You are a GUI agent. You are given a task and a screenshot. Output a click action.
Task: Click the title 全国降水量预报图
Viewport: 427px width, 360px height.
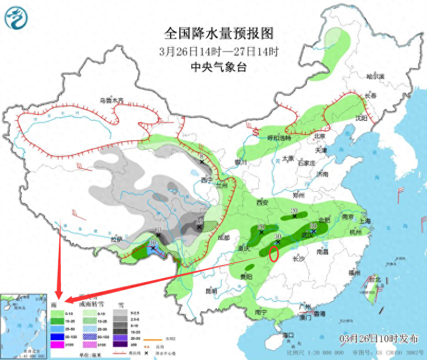coord(218,33)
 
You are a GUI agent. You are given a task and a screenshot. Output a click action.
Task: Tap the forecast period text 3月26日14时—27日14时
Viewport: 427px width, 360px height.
coord(218,52)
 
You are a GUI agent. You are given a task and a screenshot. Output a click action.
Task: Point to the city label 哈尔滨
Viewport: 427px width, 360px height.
coord(376,77)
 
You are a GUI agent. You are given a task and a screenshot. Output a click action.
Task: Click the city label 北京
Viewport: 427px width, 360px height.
coord(319,136)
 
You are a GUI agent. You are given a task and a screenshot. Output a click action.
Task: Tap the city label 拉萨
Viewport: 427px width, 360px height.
coord(117,239)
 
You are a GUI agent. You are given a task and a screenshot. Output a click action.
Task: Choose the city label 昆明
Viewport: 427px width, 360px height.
coord(211,291)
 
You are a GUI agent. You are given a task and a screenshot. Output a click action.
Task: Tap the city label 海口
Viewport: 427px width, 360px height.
coord(288,335)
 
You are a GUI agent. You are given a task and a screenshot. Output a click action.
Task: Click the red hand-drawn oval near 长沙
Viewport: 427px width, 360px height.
coord(274,254)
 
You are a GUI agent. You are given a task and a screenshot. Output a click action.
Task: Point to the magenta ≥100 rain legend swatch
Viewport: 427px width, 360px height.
coord(57,345)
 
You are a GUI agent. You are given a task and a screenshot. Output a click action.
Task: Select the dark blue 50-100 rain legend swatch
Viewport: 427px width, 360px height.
coord(57,336)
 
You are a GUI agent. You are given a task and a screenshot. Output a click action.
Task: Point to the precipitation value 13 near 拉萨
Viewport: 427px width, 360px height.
coord(157,229)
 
